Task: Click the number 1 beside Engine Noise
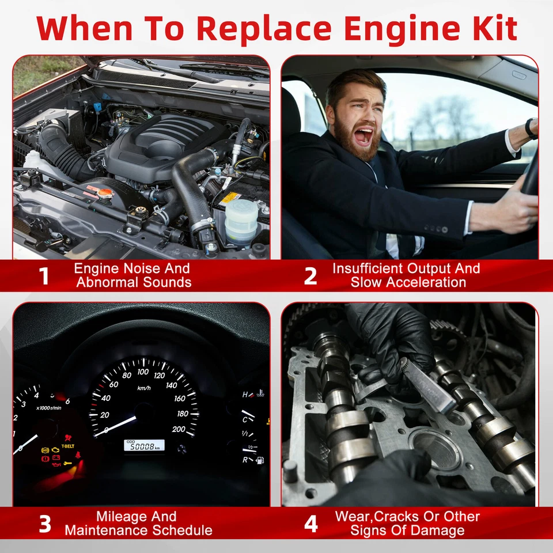pos(44,276)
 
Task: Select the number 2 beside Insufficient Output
pos(310,276)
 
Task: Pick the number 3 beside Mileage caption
pos(44,524)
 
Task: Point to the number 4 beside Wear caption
pos(310,524)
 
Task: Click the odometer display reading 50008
pos(145,445)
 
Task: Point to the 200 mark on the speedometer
pos(179,429)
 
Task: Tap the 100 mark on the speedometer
pos(143,372)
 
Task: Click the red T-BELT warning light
pos(68,446)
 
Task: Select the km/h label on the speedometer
pos(143,388)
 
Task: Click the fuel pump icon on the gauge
pos(260,460)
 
